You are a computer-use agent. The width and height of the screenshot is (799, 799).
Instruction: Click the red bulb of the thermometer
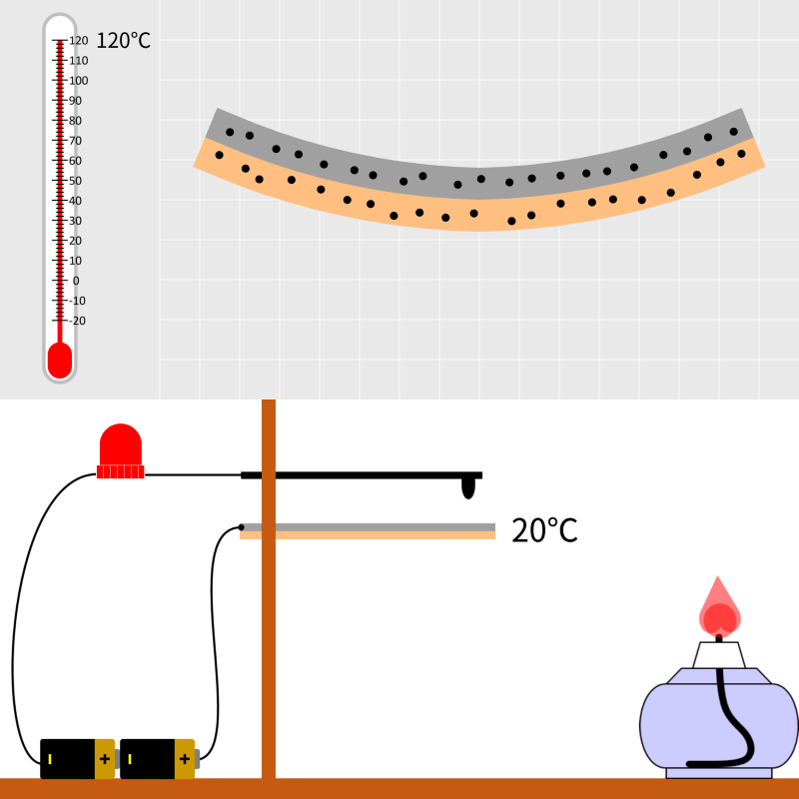(x=60, y=361)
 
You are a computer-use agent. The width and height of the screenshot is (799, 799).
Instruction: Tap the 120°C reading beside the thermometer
(x=123, y=41)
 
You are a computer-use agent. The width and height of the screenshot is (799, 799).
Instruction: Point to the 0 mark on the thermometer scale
(x=76, y=281)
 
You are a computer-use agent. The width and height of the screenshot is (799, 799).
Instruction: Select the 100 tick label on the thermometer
(x=79, y=81)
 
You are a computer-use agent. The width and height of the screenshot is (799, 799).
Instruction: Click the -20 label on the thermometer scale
(x=77, y=321)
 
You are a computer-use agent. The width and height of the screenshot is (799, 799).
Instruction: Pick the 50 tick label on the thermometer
(x=76, y=181)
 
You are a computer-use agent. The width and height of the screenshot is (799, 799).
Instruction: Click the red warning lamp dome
(x=120, y=444)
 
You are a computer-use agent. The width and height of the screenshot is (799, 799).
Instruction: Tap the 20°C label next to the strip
(x=544, y=531)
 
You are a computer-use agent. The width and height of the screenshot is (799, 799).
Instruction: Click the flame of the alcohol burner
(x=718, y=607)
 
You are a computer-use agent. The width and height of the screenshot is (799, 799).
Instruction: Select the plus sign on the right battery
(x=185, y=759)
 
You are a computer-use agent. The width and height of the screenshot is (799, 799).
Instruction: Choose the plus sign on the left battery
(x=105, y=759)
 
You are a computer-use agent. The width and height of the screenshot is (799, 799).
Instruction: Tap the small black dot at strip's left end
(x=241, y=527)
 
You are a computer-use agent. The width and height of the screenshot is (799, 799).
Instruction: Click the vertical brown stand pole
(x=269, y=588)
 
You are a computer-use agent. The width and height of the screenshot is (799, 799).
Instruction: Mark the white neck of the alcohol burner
(x=718, y=655)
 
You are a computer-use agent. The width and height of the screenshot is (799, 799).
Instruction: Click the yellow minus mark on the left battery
(x=50, y=759)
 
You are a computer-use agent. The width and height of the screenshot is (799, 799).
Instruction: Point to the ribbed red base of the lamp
(x=120, y=471)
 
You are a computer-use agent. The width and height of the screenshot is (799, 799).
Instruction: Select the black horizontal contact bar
(x=362, y=475)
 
